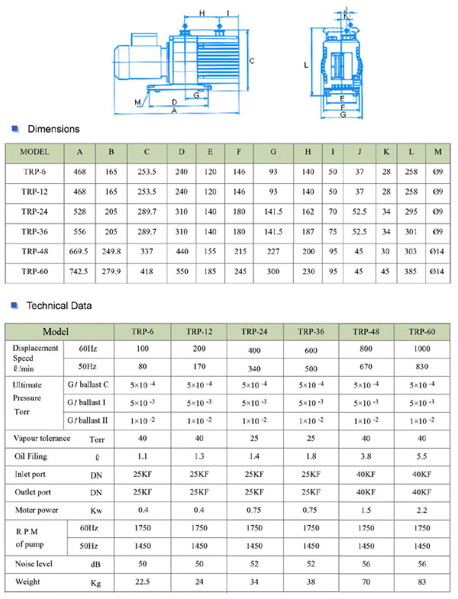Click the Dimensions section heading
(x=53, y=129)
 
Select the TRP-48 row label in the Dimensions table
(x=35, y=251)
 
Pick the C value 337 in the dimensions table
(x=146, y=251)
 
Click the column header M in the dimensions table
(x=437, y=151)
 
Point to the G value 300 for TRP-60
(x=273, y=272)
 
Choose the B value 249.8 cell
(x=111, y=251)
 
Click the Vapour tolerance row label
(x=43, y=438)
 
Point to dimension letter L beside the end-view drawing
(x=305, y=66)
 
